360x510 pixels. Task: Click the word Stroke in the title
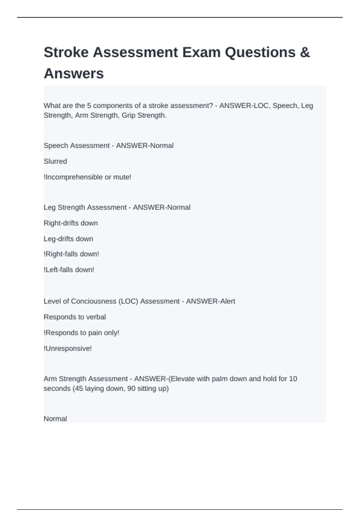point(66,52)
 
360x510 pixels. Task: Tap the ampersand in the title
point(304,52)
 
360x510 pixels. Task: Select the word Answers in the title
point(74,73)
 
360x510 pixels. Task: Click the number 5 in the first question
point(89,106)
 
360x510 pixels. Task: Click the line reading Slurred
point(55,161)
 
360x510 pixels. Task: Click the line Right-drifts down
point(71,223)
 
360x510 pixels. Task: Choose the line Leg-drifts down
point(68,239)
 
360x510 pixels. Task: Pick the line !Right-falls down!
point(71,254)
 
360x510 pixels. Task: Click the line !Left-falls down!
point(69,270)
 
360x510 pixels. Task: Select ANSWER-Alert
point(210,301)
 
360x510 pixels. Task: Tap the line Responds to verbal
point(75,317)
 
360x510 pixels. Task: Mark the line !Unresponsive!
point(68,349)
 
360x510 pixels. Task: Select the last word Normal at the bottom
point(55,419)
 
